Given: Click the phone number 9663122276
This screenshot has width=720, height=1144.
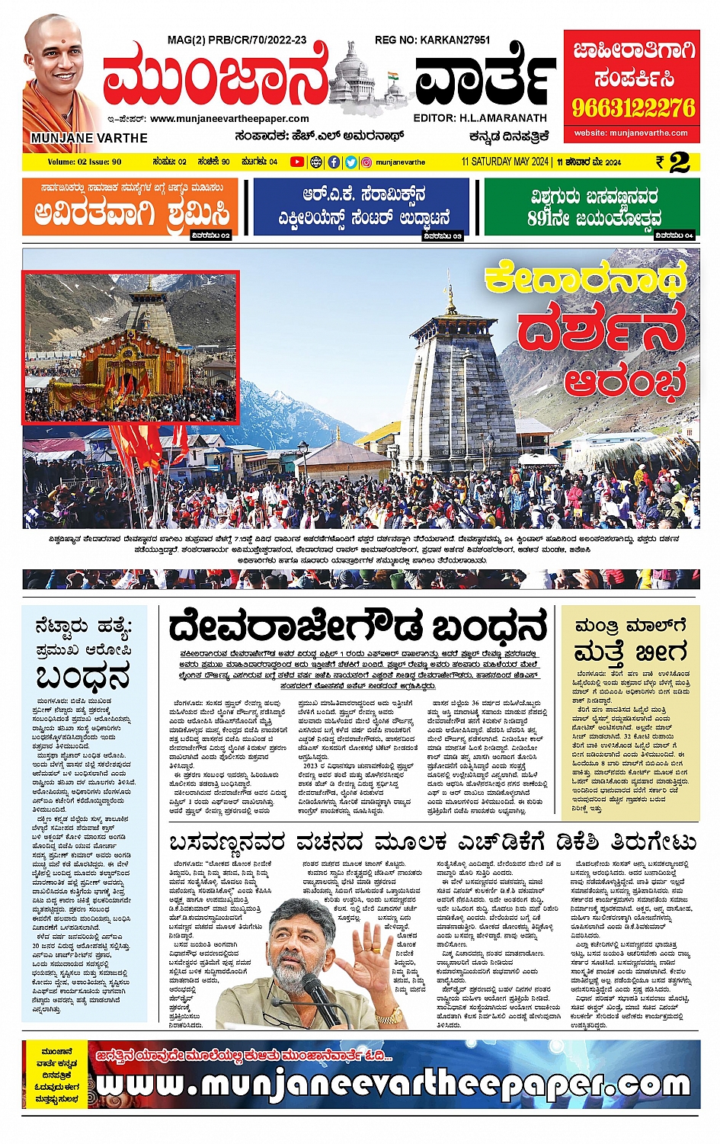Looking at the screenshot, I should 633,107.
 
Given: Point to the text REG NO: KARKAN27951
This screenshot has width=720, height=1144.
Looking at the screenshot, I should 432,40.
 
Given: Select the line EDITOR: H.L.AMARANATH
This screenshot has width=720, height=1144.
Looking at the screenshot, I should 480,118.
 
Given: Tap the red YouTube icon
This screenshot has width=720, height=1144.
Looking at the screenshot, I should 296,162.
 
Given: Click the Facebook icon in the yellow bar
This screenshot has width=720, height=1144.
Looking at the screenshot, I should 334,162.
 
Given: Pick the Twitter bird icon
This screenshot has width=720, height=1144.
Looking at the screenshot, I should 350,162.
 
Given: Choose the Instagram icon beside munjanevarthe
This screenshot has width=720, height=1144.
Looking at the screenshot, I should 367,162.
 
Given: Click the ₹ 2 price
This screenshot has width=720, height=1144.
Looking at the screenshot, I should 674,162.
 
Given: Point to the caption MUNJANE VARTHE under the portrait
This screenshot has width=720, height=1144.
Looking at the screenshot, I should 89,138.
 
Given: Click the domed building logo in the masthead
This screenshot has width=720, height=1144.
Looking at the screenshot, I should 372,76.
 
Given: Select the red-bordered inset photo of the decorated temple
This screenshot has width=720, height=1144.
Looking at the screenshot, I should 130,347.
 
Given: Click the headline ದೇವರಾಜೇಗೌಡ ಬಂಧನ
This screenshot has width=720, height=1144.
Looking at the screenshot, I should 358,628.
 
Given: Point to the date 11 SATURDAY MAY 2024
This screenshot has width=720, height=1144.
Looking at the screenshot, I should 505,162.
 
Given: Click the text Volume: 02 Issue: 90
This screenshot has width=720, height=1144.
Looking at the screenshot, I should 85,162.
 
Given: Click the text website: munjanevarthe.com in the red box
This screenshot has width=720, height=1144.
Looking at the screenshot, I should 632,133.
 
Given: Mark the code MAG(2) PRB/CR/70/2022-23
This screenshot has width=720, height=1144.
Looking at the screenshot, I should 237,40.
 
